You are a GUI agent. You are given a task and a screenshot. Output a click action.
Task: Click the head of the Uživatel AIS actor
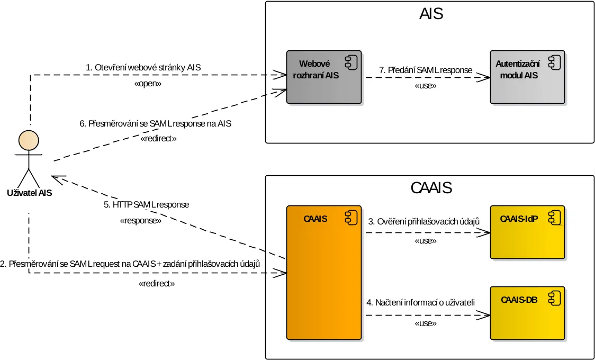coord(29,141)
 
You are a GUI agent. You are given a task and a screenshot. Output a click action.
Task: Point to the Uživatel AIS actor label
coord(30,193)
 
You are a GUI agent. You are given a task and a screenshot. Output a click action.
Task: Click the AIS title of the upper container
coord(431,14)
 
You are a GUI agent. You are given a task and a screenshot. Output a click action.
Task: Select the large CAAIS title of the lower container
coord(431,188)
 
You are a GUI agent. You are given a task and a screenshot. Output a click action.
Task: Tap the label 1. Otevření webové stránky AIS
coord(143,68)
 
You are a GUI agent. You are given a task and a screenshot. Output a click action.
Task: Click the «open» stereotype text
coord(148,84)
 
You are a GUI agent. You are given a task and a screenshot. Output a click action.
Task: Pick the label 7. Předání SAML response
coord(426,70)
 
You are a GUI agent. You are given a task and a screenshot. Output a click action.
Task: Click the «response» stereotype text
coord(140,221)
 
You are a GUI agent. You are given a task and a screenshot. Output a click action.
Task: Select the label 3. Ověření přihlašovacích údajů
coord(423,221)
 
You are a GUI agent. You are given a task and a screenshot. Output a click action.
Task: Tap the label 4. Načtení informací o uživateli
coord(421,303)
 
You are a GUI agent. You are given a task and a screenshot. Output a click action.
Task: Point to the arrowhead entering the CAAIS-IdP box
coord(485,232)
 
